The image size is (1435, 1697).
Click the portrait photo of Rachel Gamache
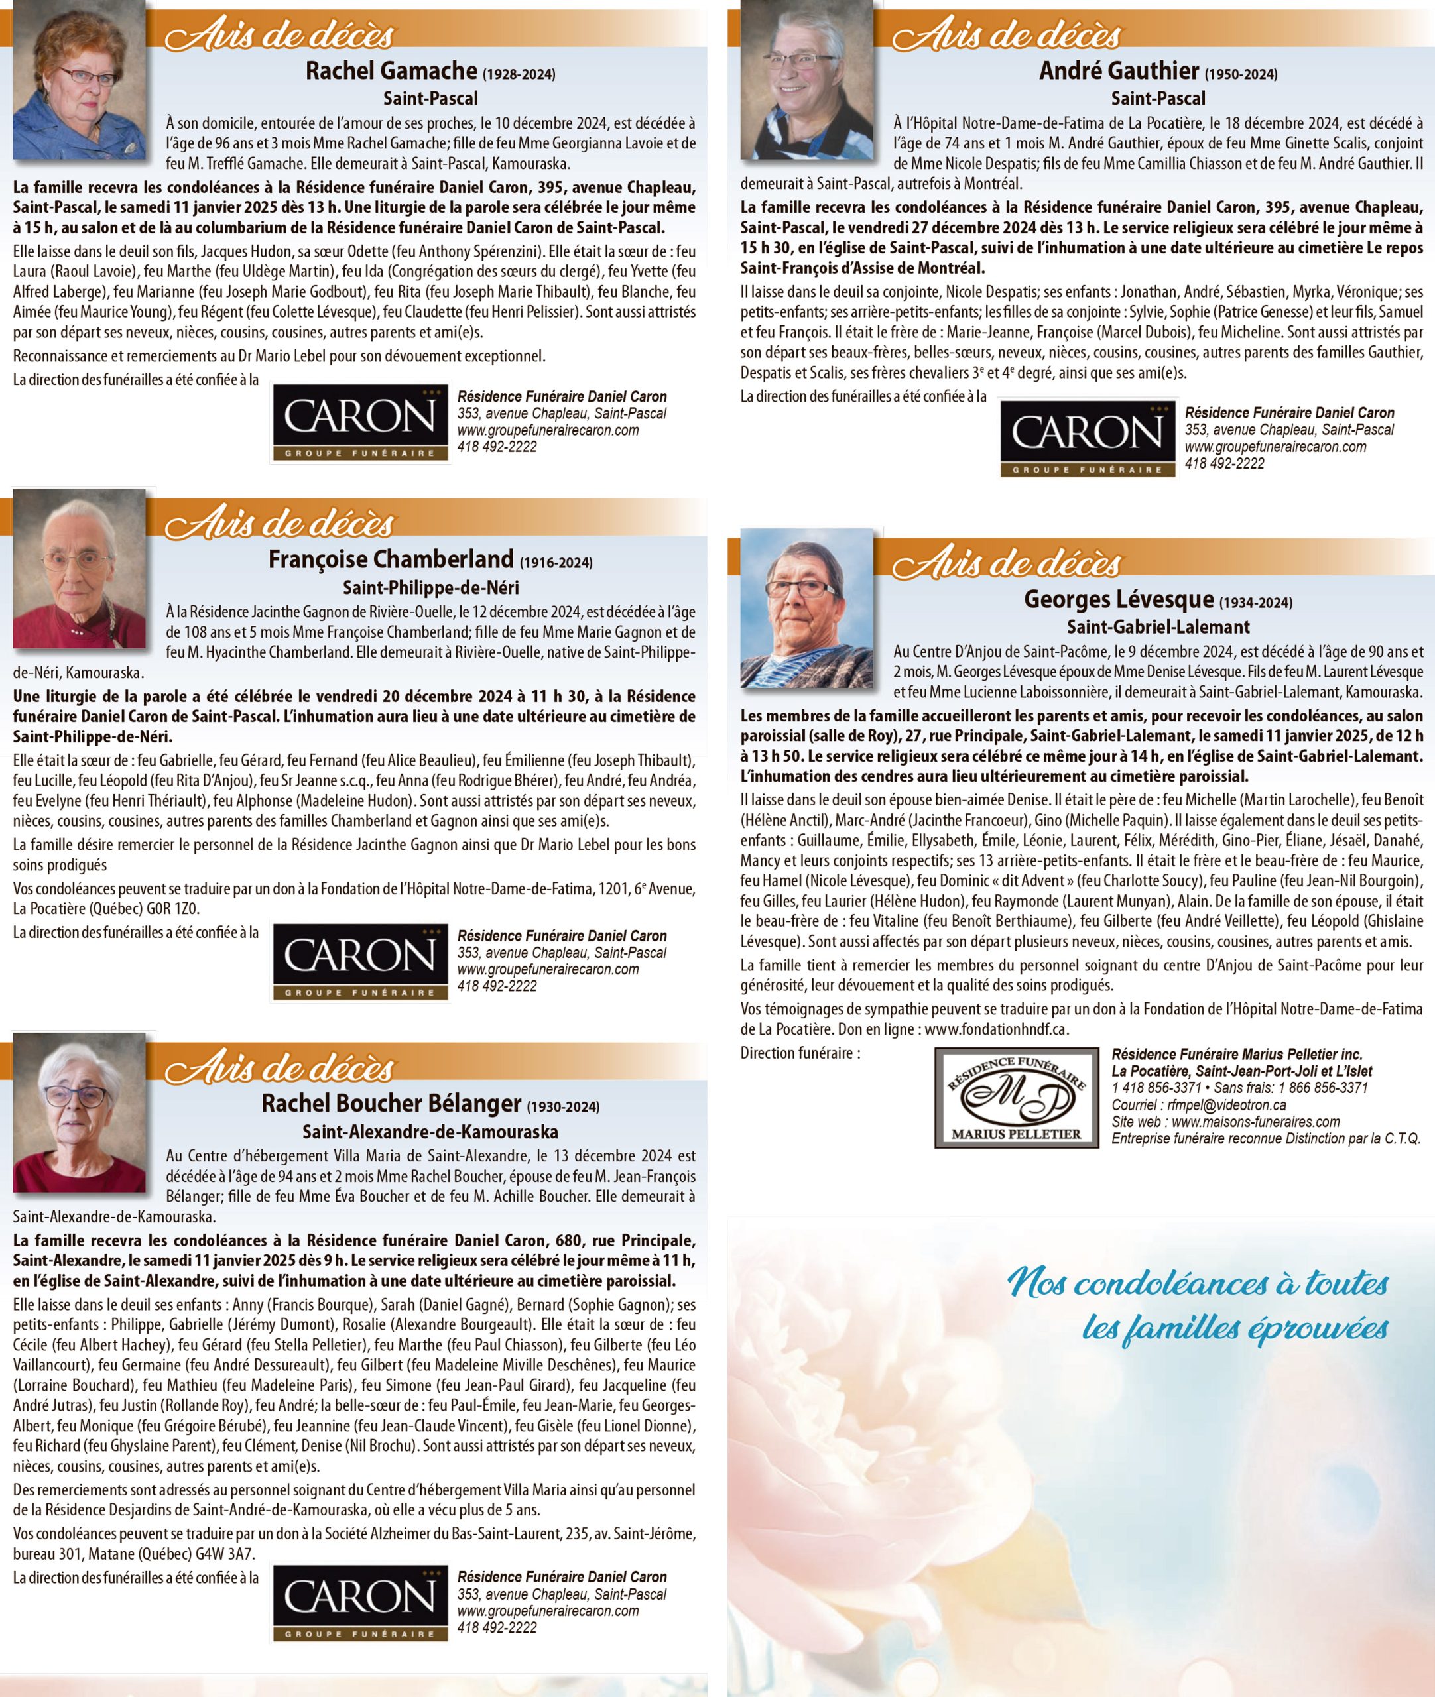tap(80, 82)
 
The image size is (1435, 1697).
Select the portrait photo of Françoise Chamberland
tap(80, 569)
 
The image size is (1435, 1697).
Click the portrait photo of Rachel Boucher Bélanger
tap(80, 1113)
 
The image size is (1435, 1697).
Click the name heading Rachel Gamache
tap(391, 71)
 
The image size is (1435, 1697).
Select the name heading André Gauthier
tap(1119, 71)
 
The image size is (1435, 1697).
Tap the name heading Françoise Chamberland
tap(391, 559)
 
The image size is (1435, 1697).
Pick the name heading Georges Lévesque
tap(1119, 599)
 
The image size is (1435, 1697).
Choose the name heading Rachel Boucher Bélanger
tap(391, 1104)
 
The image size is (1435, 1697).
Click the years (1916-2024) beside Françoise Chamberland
tap(556, 563)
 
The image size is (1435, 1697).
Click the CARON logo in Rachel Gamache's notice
tap(359, 423)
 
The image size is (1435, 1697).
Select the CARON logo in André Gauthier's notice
tap(1087, 439)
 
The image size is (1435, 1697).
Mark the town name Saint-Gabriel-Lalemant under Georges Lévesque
tap(1158, 627)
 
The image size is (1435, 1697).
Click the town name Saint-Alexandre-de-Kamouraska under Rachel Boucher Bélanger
tap(430, 1131)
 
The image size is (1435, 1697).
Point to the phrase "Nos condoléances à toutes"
tap(1198, 1284)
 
